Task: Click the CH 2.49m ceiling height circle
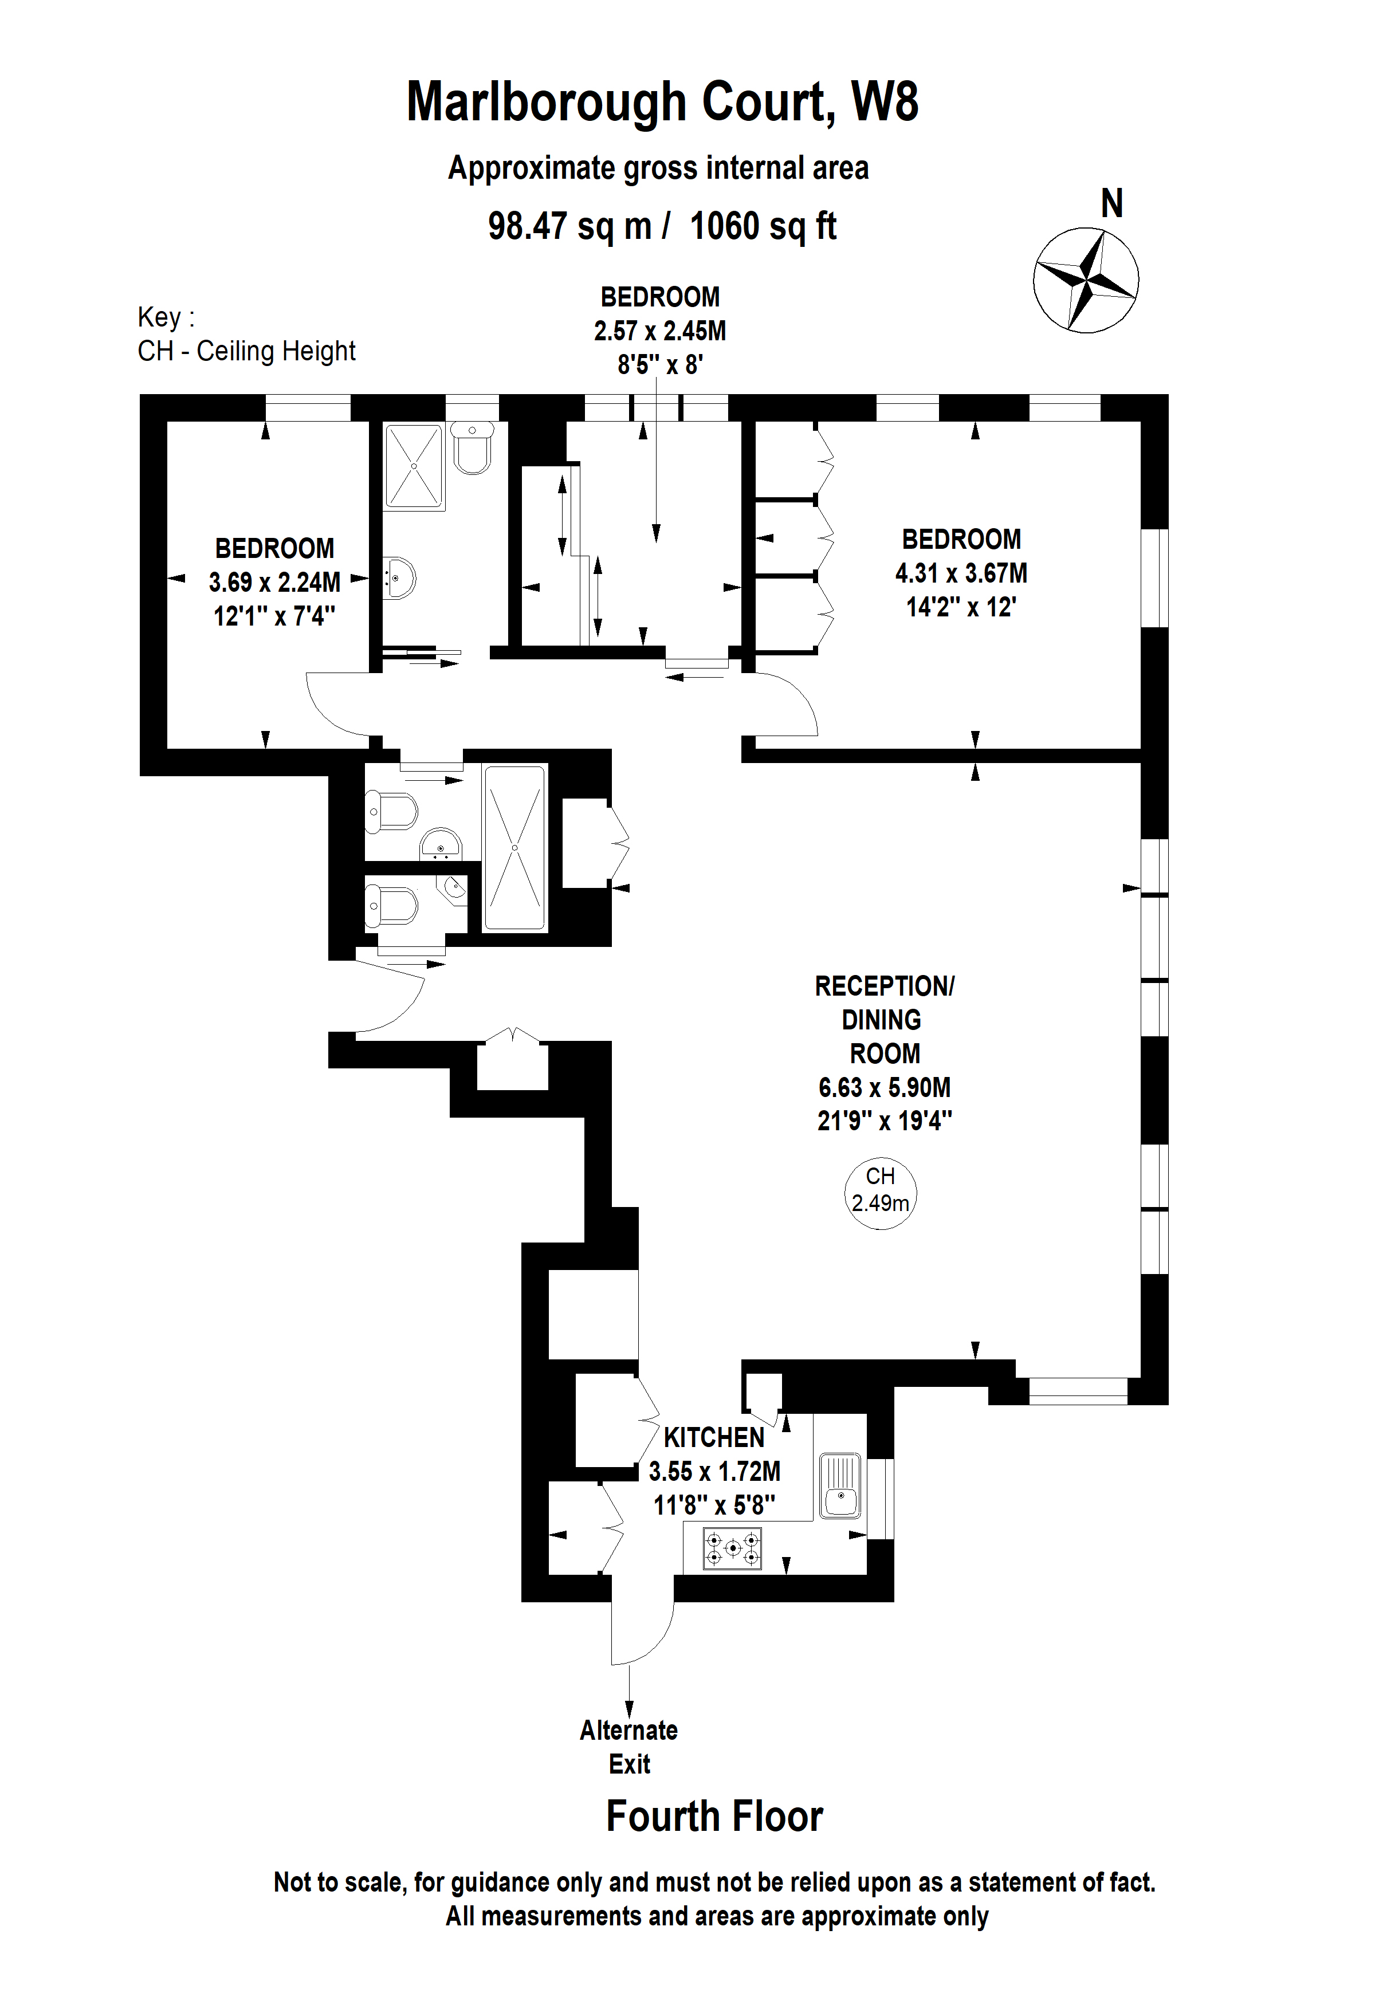tap(880, 1193)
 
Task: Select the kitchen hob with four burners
tap(732, 1548)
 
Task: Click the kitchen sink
tap(839, 1485)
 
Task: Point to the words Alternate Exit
tap(629, 1746)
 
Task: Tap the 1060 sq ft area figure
tap(763, 226)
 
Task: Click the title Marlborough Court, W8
tap(662, 102)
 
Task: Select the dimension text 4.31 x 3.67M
tap(960, 573)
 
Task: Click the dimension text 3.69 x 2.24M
tap(274, 583)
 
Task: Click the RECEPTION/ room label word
tap(884, 986)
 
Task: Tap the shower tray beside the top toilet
tap(414, 466)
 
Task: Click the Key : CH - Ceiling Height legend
tap(246, 334)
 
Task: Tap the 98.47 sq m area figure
tap(569, 226)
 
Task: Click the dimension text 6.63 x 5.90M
tap(884, 1087)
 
